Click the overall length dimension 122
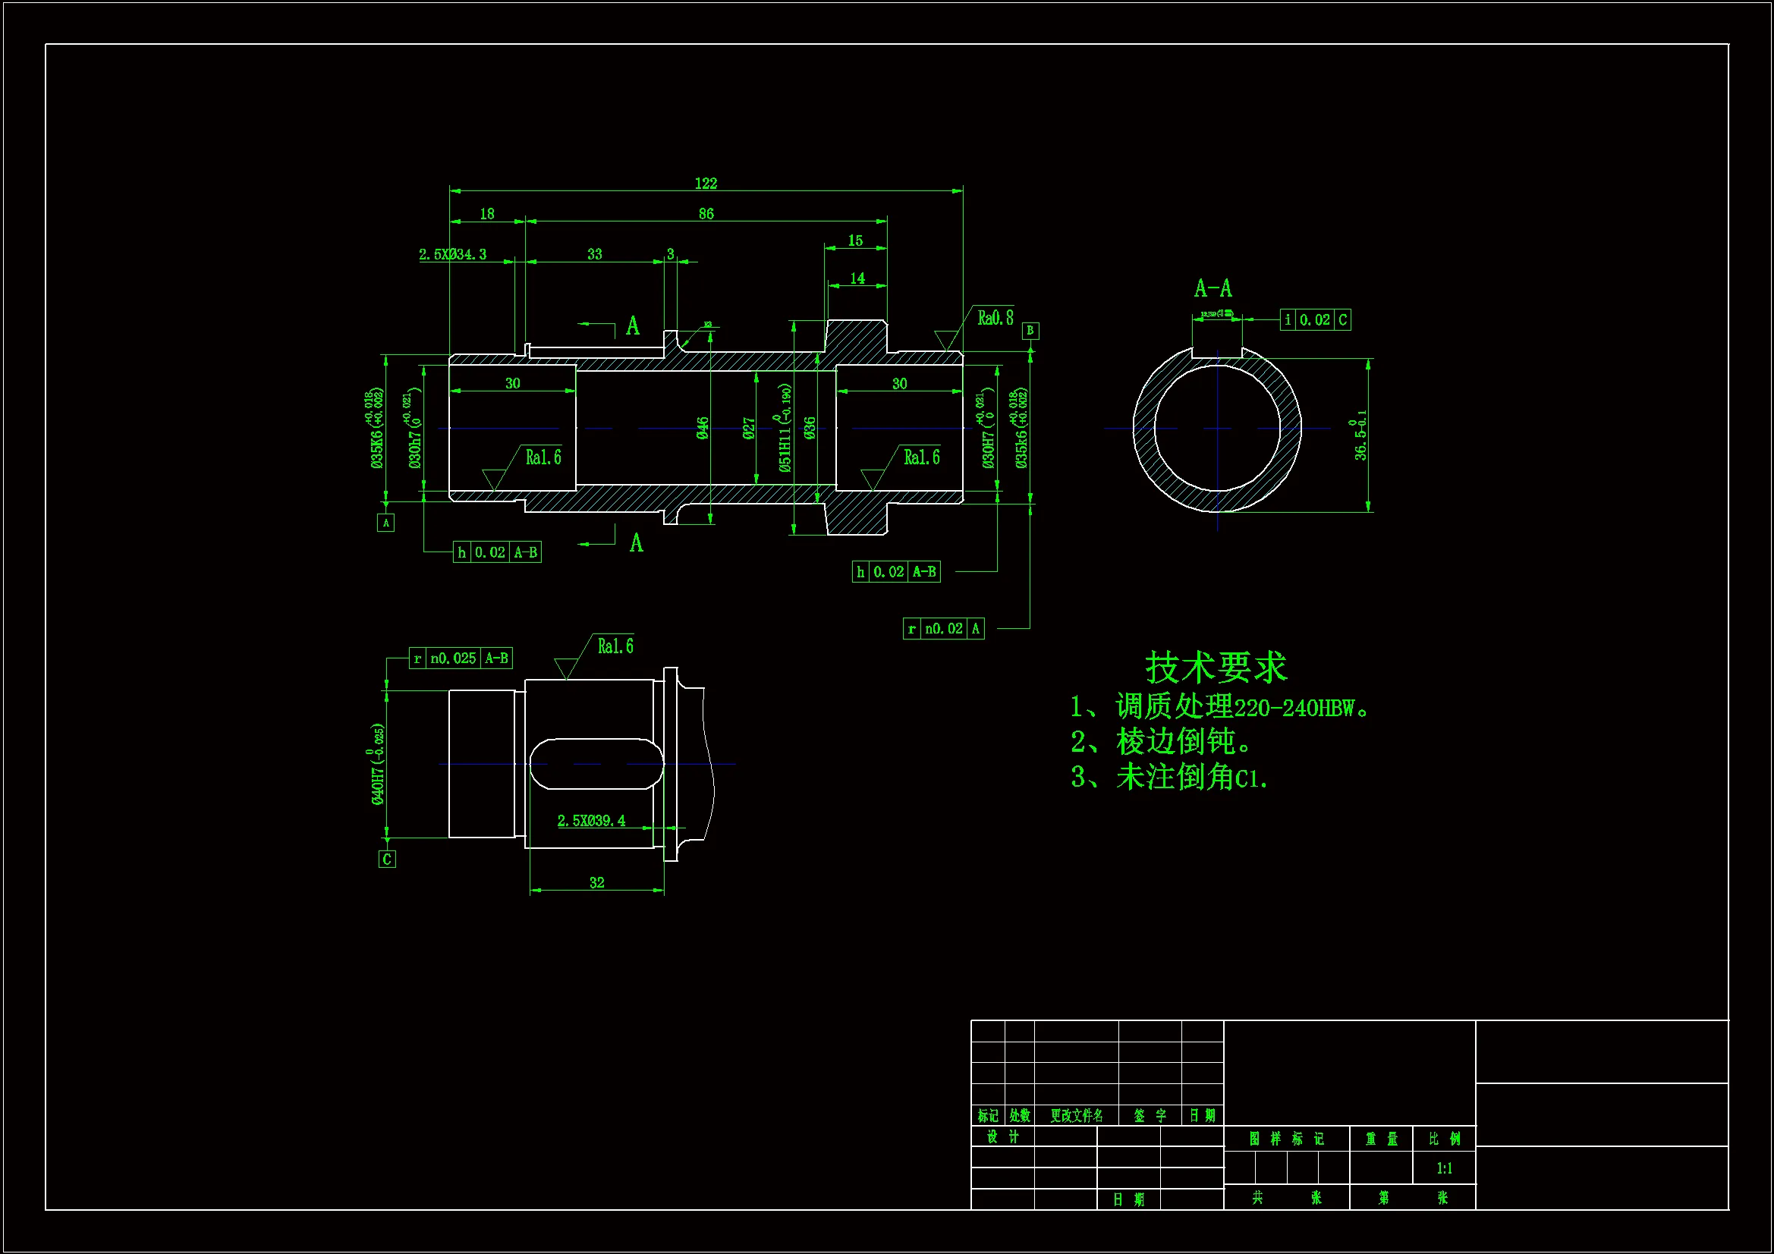coord(706,183)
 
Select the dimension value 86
coord(706,214)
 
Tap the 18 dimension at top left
coord(487,214)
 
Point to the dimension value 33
coord(594,254)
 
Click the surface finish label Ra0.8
coord(996,319)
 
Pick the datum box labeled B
coord(1030,331)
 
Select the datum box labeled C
coord(387,860)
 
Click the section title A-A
coord(1213,289)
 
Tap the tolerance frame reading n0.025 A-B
coord(461,658)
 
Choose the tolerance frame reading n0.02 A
coord(943,629)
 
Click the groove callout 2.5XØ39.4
coord(591,821)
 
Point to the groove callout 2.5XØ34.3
coord(453,254)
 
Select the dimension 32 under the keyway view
coord(596,882)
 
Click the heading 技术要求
coord(1216,668)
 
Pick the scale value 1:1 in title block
coord(1444,1168)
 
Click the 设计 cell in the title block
coord(1003,1136)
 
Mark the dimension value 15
coord(855,241)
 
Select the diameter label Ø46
coord(703,428)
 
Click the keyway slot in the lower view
coord(596,764)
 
